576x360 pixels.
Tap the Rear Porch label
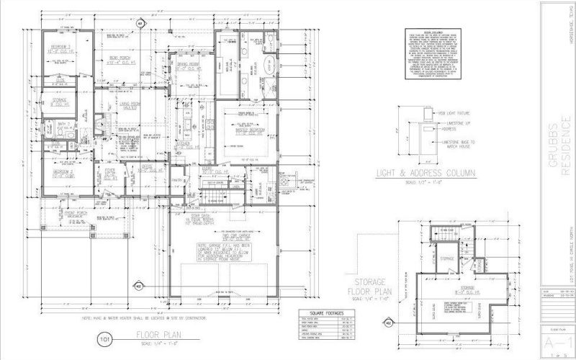click(x=118, y=60)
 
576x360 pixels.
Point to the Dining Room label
click(x=189, y=66)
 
